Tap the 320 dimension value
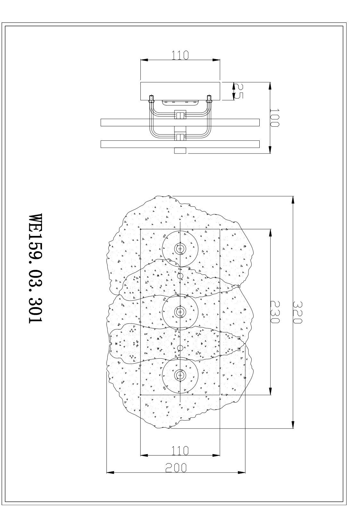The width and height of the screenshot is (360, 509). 297,313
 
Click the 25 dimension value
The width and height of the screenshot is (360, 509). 239,91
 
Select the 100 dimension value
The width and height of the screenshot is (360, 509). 274,117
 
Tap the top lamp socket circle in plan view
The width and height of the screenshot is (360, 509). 180,249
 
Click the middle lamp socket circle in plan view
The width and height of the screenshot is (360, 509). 180,312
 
